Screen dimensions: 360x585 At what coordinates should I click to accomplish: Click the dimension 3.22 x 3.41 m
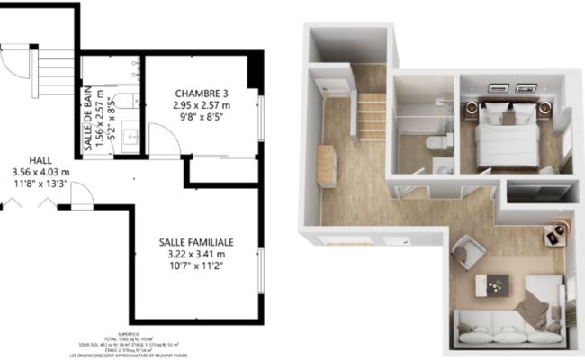(196, 255)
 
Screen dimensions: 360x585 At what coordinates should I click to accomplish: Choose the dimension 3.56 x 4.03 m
(37, 172)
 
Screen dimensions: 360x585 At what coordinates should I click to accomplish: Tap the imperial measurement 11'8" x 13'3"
(38, 184)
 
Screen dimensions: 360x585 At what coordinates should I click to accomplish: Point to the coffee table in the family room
(492, 284)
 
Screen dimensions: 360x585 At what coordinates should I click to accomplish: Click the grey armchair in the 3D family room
(469, 250)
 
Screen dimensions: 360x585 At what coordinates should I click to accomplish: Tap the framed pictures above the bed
(514, 89)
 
